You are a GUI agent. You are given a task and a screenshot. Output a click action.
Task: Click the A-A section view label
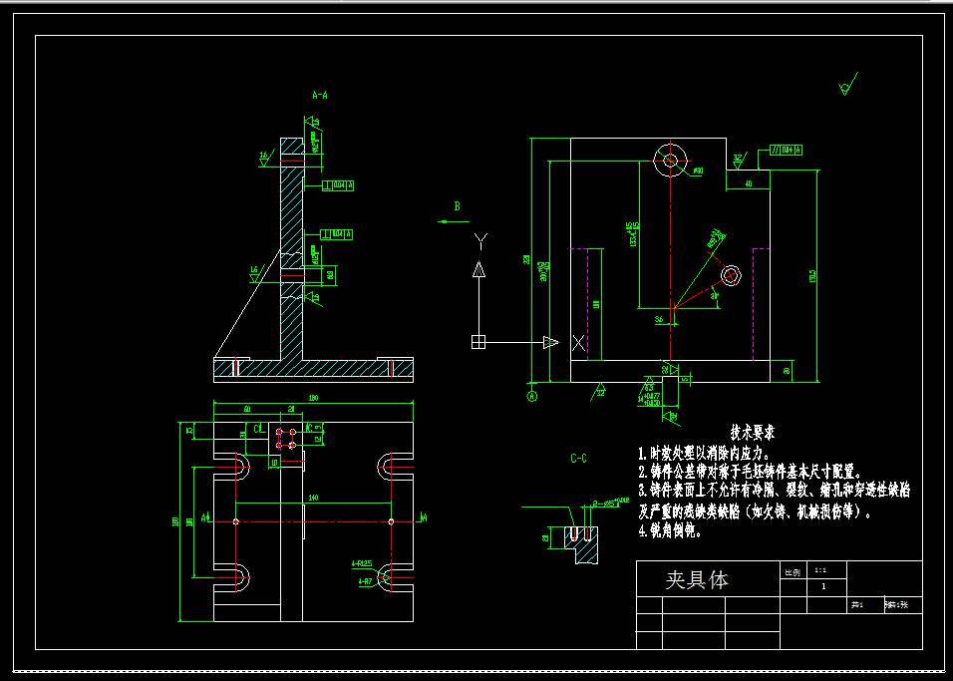[320, 96]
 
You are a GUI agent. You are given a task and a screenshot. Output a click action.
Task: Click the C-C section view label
[578, 459]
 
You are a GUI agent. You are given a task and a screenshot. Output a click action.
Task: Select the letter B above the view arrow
[458, 206]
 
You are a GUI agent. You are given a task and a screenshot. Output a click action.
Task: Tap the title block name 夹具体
[697, 579]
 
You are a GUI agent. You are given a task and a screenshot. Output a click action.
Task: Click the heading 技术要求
[753, 434]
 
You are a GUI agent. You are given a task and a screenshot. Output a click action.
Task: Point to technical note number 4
[643, 531]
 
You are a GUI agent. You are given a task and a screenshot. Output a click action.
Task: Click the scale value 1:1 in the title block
[820, 569]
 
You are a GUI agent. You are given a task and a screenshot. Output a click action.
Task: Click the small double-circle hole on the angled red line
[732, 275]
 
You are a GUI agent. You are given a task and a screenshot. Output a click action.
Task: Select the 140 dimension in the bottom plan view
[313, 497]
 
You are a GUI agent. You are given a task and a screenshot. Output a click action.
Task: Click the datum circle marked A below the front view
[532, 396]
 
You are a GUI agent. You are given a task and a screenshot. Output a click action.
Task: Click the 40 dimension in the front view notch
[749, 183]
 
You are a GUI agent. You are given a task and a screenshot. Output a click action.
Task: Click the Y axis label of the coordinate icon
[480, 239]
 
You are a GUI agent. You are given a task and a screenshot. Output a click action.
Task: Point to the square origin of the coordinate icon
[478, 342]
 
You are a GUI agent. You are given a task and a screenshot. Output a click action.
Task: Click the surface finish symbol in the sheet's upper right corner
[847, 86]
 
